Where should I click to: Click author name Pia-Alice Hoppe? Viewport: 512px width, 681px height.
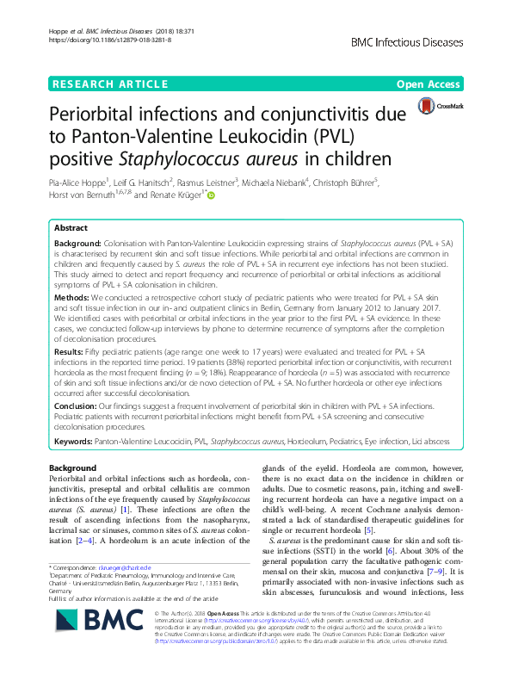[x=78, y=183]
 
